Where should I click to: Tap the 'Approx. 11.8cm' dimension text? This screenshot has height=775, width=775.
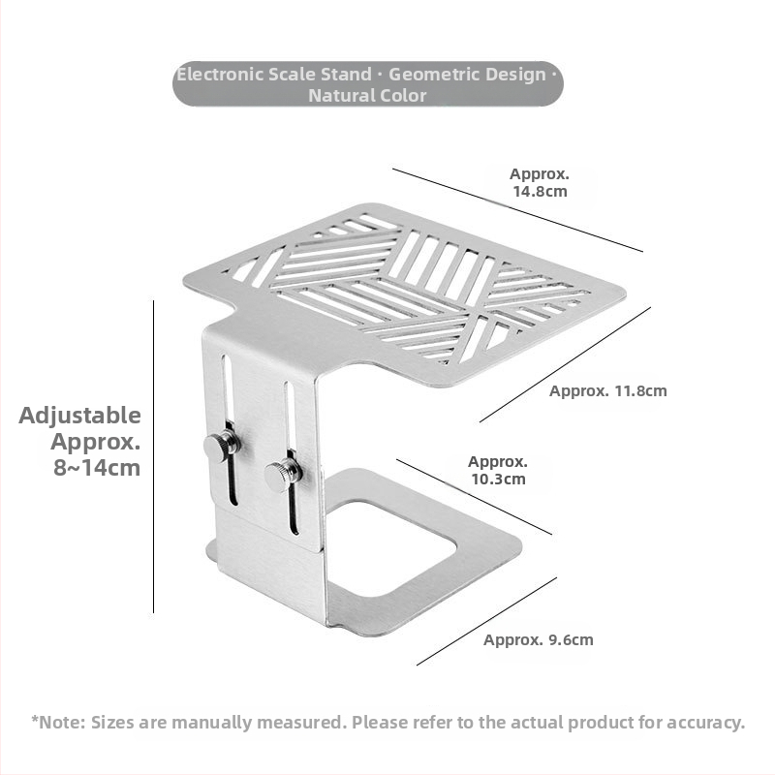pyautogui.click(x=607, y=391)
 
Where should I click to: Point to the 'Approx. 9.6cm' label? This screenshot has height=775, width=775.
pyautogui.click(x=539, y=639)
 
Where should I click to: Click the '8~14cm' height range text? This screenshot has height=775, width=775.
pyautogui.click(x=97, y=468)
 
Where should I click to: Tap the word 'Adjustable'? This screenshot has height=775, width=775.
pyautogui.click(x=80, y=416)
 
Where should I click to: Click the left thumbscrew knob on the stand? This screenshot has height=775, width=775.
pyautogui.click(x=222, y=446)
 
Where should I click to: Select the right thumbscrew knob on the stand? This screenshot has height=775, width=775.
pyautogui.click(x=283, y=474)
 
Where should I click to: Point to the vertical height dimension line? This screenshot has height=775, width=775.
pyautogui.click(x=153, y=455)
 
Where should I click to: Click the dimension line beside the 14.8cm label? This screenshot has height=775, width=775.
pyautogui.click(x=517, y=210)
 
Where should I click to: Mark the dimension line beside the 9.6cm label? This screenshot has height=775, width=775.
pyautogui.click(x=486, y=621)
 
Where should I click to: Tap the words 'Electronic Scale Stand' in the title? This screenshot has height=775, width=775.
pyautogui.click(x=274, y=74)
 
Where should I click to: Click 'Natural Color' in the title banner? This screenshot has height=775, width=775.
pyautogui.click(x=367, y=95)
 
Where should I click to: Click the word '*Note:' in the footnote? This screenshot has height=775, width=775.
pyautogui.click(x=59, y=722)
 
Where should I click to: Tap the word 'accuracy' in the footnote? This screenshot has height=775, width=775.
pyautogui.click(x=708, y=722)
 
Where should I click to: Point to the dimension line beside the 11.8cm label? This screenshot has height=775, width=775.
pyautogui.click(x=565, y=364)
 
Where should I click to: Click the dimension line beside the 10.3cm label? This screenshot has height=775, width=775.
pyautogui.click(x=474, y=497)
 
